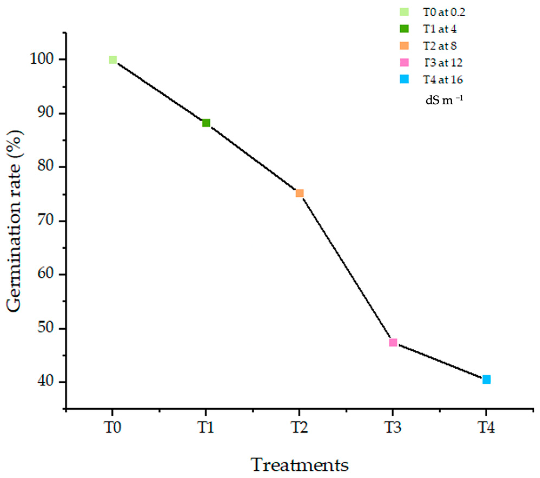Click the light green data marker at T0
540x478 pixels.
[x=113, y=60]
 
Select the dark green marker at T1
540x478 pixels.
[x=206, y=123]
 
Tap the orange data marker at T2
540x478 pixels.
[x=299, y=193]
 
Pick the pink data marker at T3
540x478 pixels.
[x=393, y=343]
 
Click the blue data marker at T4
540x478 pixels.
[x=486, y=380]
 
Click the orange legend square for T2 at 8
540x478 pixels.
[x=404, y=46]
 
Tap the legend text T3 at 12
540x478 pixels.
[x=443, y=63]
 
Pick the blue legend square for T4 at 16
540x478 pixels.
[x=404, y=79]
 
